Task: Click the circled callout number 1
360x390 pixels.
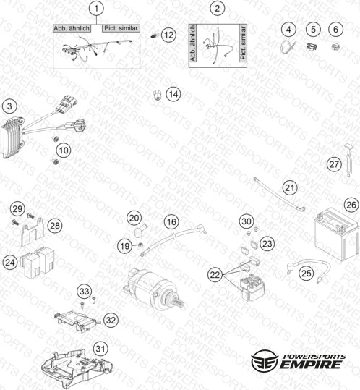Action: (96, 9)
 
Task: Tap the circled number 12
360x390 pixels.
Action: (168, 35)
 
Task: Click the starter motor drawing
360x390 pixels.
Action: (153, 289)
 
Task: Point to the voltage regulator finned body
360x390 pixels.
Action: (13, 138)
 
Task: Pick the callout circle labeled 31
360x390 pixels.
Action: (100, 349)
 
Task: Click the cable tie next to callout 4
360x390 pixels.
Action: (288, 46)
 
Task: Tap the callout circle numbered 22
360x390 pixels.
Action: (215, 275)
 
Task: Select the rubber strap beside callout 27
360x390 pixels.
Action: (348, 160)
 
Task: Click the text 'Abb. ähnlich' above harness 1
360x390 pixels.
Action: (72, 28)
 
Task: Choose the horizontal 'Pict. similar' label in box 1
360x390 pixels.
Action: (121, 28)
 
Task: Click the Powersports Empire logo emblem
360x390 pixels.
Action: (264, 360)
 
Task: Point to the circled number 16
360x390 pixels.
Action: (171, 221)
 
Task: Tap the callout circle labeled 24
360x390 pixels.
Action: (10, 263)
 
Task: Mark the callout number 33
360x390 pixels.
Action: (85, 291)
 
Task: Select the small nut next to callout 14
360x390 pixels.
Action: (157, 96)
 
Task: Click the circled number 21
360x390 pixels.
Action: (290, 188)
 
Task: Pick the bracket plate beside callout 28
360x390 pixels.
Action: (33, 232)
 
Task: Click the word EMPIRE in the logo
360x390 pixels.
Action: (310, 365)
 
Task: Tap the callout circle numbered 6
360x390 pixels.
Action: (335, 30)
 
